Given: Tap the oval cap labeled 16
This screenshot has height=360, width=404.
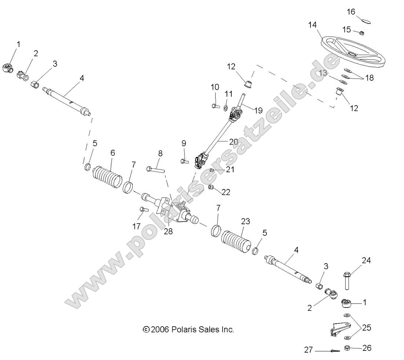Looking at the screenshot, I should tap(366, 21).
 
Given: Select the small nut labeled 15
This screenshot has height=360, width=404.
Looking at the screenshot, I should tap(361, 33).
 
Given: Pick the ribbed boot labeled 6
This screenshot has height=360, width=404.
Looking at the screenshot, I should tap(107, 177).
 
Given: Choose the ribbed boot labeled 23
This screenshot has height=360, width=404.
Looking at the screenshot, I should tap(236, 240).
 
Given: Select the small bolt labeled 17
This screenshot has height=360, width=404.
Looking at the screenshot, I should tap(143, 210).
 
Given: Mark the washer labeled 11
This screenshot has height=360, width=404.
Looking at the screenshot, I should tap(225, 107).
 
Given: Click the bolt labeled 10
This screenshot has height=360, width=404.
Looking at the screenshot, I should tap(215, 106).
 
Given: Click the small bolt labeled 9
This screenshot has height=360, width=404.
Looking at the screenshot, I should tap(184, 160).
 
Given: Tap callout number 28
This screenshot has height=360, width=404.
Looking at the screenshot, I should tap(169, 232).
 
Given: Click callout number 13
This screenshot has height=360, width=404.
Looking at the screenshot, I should tap(323, 73).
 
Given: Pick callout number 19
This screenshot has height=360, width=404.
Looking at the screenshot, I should tap(258, 110).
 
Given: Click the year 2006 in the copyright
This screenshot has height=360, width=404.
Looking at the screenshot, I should tap(160, 330).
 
